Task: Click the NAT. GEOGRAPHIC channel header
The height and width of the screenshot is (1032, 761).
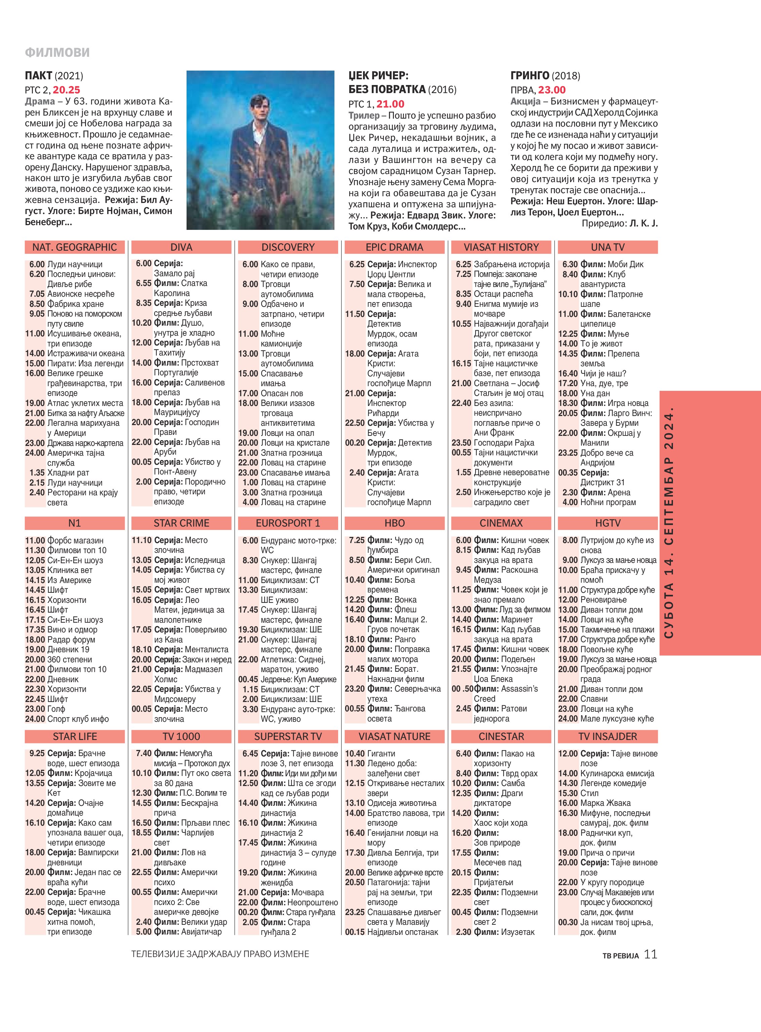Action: (75, 247)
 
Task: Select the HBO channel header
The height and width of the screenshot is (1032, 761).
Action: (394, 523)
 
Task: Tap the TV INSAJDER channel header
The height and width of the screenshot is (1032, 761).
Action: (608, 736)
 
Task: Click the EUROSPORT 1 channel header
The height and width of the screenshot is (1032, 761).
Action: (288, 523)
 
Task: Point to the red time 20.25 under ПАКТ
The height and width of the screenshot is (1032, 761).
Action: (66, 90)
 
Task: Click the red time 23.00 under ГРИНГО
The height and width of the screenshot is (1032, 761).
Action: (552, 90)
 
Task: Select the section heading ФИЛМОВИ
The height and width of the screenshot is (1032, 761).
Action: (57, 52)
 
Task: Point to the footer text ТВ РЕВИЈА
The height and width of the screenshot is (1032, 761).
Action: (620, 956)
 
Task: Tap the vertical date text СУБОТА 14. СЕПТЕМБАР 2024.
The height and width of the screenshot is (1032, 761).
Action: (669, 523)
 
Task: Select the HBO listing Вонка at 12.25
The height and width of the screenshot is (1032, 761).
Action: (405, 600)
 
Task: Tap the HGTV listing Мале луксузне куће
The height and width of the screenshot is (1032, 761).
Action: (617, 718)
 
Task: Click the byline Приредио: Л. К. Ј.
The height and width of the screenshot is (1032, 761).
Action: (619, 224)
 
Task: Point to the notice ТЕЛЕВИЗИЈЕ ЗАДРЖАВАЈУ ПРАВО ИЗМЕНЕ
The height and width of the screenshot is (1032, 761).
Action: (220, 954)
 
